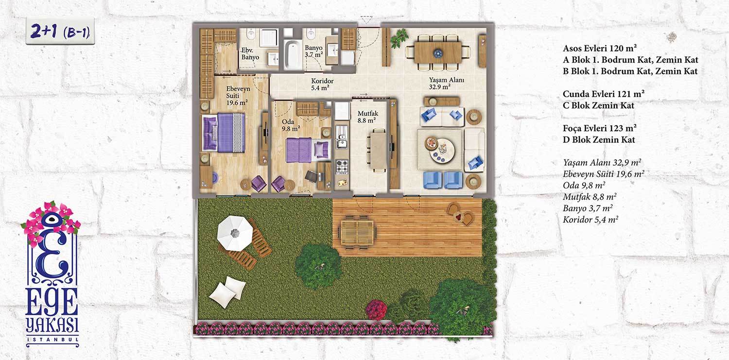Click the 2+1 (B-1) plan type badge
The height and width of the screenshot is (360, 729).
tap(60, 32)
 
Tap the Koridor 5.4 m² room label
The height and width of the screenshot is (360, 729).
tap(322, 84)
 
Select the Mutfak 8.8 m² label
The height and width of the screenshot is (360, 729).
tap(367, 117)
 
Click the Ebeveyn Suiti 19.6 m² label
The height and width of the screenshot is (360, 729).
tap(238, 96)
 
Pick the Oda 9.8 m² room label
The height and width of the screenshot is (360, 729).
tap(291, 125)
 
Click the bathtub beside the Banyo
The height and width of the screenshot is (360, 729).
tap(293, 54)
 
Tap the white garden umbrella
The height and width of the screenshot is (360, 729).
tap(235, 233)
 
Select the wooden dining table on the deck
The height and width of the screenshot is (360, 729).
tap(357, 232)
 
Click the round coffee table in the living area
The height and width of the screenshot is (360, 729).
tap(442, 150)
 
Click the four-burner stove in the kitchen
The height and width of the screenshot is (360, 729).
tap(341, 167)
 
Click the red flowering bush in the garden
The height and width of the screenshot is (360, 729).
tap(377, 310)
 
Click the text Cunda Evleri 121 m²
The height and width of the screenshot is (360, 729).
tap(604, 94)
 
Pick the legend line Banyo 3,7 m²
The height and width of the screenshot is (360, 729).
tap(588, 208)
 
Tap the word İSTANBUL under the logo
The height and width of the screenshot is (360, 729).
tap(52, 340)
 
